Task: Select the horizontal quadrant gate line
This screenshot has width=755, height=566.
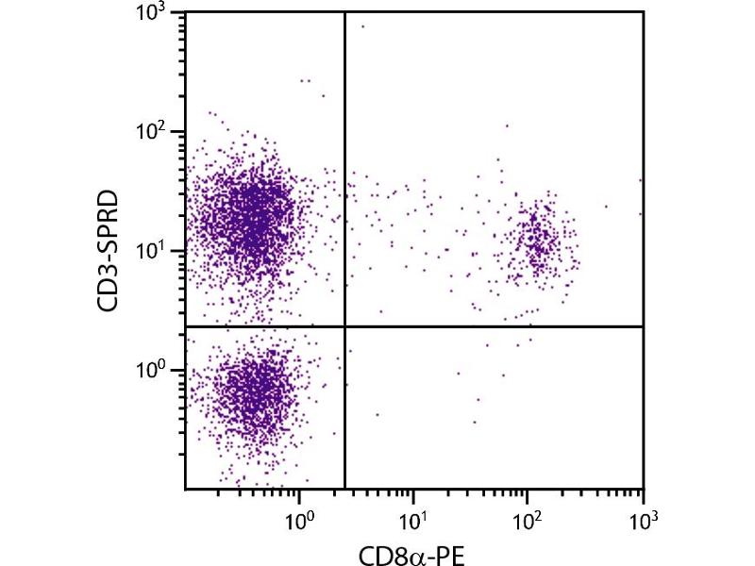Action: pos(491,326)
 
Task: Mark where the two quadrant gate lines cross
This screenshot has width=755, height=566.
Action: pos(344,326)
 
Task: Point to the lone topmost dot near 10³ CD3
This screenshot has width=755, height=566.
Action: pos(361,26)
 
